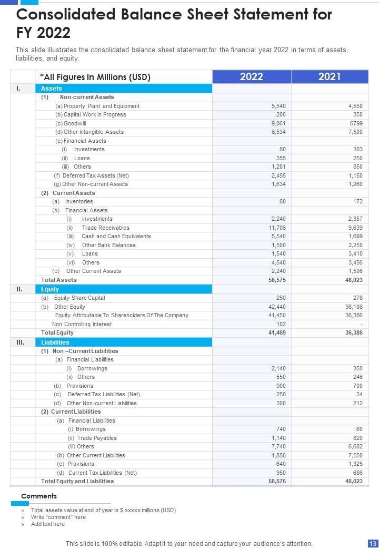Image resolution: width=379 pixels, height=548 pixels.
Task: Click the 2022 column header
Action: (252, 77)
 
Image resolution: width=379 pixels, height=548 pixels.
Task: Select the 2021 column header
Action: (330, 77)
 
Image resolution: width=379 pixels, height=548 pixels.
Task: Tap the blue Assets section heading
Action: (52, 89)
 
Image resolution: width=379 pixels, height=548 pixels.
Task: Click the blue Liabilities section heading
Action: (55, 342)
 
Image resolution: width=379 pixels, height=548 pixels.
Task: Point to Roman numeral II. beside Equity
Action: (19, 289)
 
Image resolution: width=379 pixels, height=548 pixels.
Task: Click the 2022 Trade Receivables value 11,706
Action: (277, 228)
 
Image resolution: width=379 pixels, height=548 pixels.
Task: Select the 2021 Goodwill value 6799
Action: (355, 123)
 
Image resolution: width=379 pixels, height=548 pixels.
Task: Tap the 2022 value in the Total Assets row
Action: (277, 280)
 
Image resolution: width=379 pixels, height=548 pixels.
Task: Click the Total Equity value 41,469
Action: (277, 333)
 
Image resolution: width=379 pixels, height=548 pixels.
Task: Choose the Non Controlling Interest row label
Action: (82, 324)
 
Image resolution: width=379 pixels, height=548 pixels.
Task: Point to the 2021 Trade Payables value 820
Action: (357, 438)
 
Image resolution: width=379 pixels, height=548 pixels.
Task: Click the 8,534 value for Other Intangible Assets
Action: (278, 132)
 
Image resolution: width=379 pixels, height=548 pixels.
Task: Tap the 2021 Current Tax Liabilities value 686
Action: (357, 473)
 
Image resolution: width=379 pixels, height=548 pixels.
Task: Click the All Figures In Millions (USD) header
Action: (95, 77)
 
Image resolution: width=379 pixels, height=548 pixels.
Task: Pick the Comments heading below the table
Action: (39, 496)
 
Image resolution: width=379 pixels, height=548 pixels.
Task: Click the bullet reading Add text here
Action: (47, 524)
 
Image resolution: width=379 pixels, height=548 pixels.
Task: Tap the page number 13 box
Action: (372, 543)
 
